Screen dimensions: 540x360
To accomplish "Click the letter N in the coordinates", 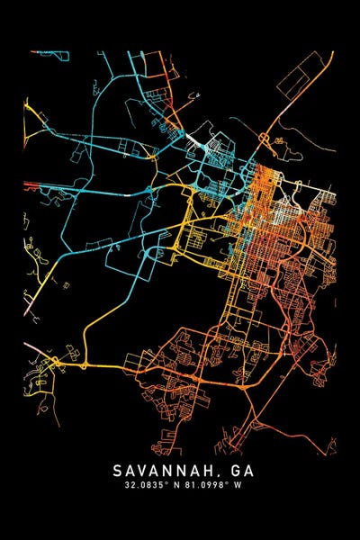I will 175,486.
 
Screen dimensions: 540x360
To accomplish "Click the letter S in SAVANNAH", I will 118,470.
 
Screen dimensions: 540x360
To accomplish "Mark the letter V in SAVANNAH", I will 147,470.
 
